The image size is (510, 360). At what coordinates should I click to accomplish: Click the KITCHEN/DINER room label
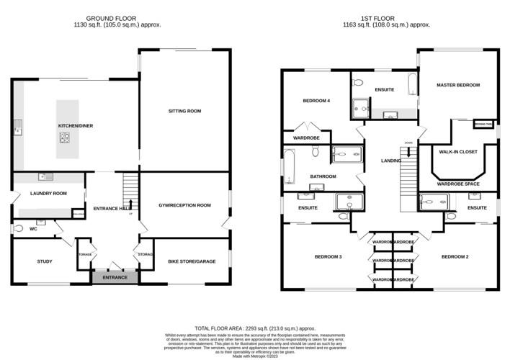click(x=76, y=126)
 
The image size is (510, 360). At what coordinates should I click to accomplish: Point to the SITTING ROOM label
click(x=184, y=111)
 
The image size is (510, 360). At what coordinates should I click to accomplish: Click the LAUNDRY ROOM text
click(x=48, y=193)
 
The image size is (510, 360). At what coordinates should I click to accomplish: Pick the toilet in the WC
click(x=18, y=228)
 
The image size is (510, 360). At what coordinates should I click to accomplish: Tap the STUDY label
click(x=45, y=261)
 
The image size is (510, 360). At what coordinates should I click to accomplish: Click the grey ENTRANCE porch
click(x=114, y=277)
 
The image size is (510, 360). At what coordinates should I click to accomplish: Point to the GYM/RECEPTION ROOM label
click(x=184, y=205)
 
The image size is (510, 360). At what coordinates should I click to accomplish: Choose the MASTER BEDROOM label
click(x=457, y=85)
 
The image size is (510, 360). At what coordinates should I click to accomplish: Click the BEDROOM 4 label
click(x=316, y=101)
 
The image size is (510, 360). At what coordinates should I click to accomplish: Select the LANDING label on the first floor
click(x=390, y=160)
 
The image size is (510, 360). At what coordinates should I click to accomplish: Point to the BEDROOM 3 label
click(x=328, y=257)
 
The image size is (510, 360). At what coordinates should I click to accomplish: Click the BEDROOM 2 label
click(x=455, y=257)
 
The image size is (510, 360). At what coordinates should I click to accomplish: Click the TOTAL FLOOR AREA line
click(x=255, y=328)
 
